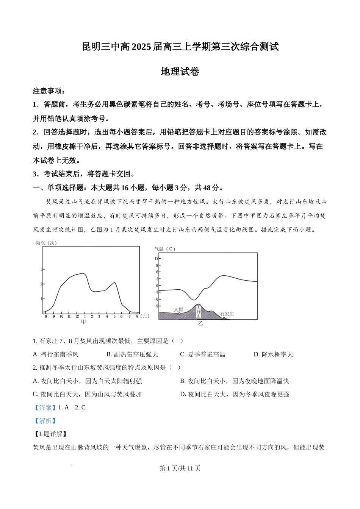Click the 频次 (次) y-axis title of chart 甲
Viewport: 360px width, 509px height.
click(x=46, y=243)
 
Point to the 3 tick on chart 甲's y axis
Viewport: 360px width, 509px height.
click(x=41, y=269)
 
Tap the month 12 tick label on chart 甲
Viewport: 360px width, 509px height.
click(x=77, y=316)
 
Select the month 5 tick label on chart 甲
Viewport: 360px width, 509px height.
click(x=114, y=316)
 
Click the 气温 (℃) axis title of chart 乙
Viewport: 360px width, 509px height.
click(x=164, y=249)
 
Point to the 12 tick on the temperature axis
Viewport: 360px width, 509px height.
click(x=157, y=258)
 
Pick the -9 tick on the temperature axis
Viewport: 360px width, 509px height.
click(x=157, y=306)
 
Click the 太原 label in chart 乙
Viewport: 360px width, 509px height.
click(x=178, y=309)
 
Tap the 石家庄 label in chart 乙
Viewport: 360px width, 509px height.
click(x=227, y=314)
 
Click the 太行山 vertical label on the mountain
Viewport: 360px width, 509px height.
click(x=198, y=311)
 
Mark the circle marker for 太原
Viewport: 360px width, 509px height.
click(x=179, y=314)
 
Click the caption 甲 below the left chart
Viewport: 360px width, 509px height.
click(x=83, y=322)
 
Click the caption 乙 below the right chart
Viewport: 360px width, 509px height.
click(x=200, y=323)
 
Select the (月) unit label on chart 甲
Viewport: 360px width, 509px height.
click(x=145, y=316)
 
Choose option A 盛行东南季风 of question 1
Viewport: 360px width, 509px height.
click(x=56, y=354)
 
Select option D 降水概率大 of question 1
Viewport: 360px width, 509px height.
click(x=273, y=354)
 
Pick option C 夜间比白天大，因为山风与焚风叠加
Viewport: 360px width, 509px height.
click(x=87, y=394)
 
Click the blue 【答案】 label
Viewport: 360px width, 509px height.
click(x=44, y=408)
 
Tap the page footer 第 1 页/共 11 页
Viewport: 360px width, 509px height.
click(x=180, y=468)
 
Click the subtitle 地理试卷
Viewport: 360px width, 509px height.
click(x=180, y=72)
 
